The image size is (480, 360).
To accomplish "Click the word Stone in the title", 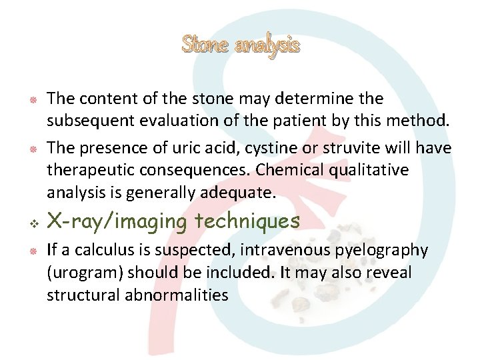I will (205, 45).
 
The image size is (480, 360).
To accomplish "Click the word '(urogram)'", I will (84, 273).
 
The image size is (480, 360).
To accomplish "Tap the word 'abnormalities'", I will (177, 295).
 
